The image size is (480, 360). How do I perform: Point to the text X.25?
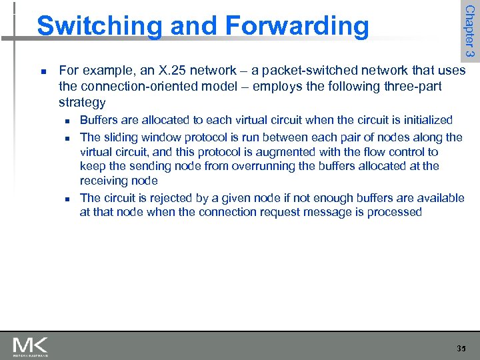(168, 71)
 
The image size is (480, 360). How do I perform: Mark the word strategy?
(82, 103)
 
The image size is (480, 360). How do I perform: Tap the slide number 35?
(461, 349)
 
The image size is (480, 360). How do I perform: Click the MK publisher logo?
(31, 346)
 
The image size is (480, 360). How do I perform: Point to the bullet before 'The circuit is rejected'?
(67, 199)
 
